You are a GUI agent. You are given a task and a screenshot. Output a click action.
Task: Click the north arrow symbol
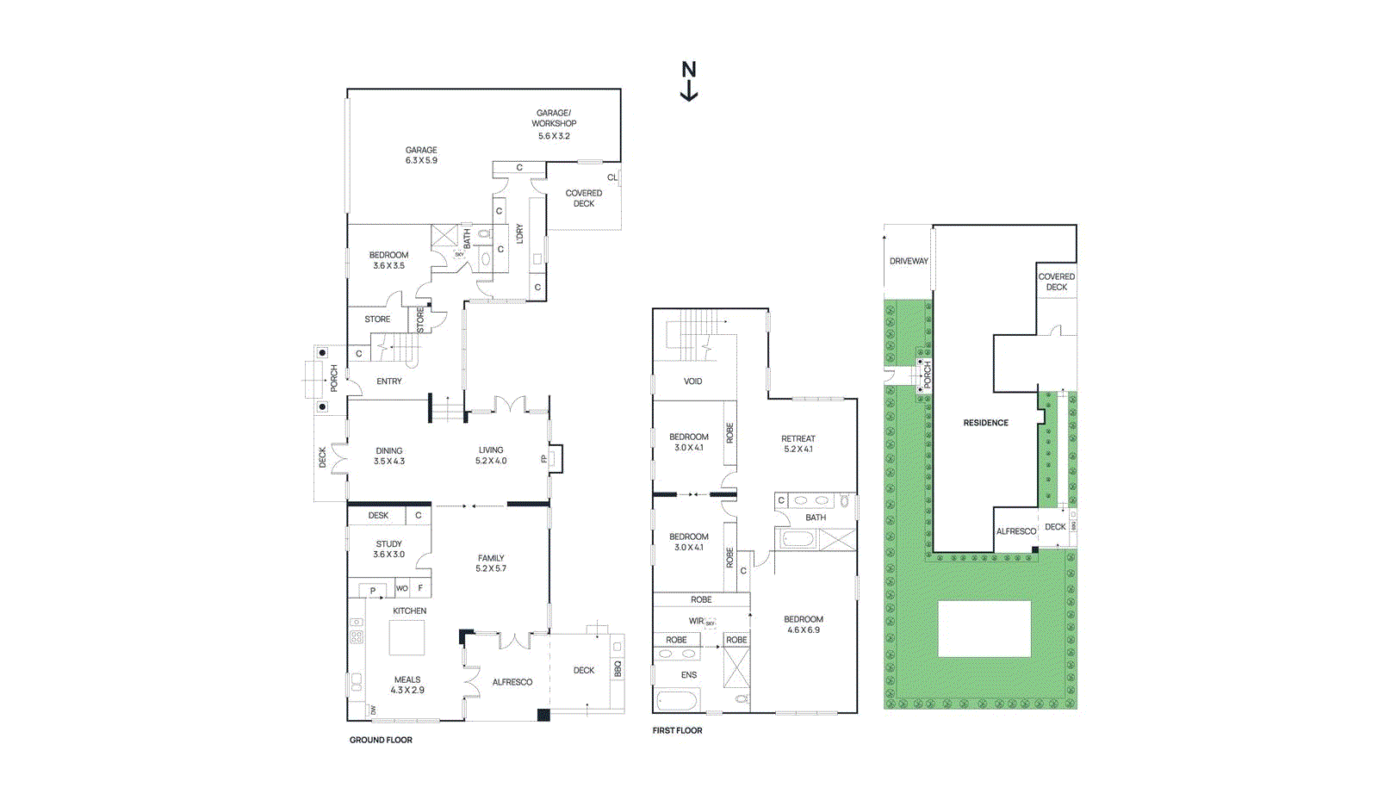point(689,81)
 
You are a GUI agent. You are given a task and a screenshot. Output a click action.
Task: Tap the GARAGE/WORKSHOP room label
point(554,118)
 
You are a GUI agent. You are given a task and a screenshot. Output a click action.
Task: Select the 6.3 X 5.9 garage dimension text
point(421,160)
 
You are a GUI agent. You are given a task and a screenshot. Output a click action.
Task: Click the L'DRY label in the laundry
point(519,234)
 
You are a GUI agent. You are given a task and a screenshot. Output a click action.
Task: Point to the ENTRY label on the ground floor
point(389,381)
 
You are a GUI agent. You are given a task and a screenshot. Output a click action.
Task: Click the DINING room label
point(389,450)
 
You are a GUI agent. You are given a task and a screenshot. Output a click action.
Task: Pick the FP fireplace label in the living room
point(543,459)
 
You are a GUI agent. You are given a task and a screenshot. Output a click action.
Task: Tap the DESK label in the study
point(378,516)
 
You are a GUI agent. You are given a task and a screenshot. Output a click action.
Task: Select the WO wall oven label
point(401,589)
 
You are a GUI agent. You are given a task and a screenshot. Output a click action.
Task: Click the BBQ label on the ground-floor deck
point(618,668)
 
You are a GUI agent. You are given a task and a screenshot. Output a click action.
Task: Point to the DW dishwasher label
point(373,710)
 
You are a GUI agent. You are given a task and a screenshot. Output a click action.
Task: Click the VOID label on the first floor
point(693,381)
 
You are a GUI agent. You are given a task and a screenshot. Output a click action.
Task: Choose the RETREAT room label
point(798,438)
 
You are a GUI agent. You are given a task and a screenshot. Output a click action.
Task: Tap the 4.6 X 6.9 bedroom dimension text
point(804,630)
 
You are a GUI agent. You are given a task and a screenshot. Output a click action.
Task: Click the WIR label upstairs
point(696,621)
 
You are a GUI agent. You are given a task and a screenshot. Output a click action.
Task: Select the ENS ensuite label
point(689,675)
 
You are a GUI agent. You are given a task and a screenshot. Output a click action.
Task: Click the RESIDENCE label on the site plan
point(986,423)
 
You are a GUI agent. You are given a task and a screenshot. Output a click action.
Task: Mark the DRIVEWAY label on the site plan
point(909,261)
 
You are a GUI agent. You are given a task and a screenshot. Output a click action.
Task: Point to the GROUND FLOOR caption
point(381,740)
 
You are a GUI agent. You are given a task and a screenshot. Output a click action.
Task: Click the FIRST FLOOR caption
point(677,730)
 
